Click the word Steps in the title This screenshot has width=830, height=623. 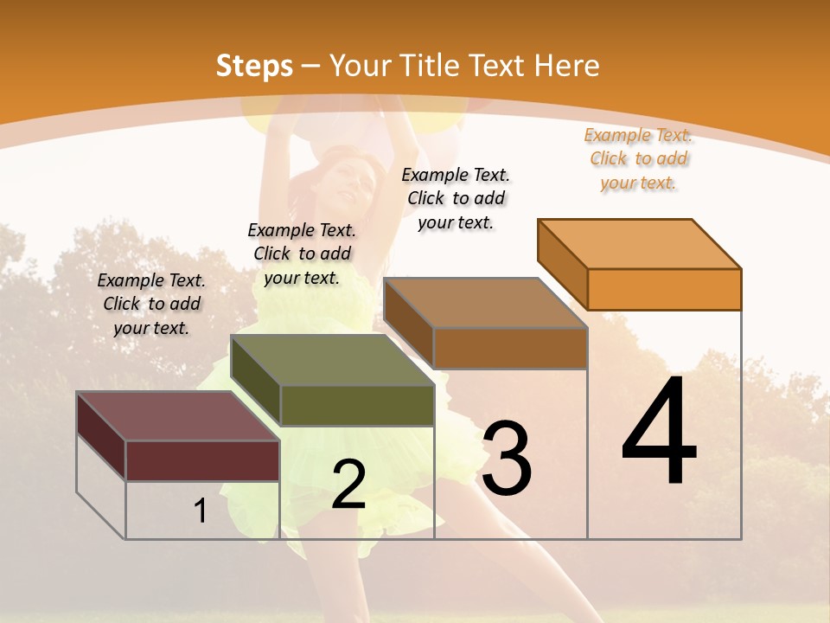254,66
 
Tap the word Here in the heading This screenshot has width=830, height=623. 566,66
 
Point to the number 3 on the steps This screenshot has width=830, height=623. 507,458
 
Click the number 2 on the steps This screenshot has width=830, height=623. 348,485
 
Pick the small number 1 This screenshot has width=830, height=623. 200,511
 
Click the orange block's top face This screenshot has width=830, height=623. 640,243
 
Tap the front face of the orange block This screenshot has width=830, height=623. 664,289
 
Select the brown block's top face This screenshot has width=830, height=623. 485,302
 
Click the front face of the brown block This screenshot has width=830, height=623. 510,348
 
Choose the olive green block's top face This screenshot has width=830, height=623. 332,360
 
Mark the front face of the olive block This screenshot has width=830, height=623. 356,405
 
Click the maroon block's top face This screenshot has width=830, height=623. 178,416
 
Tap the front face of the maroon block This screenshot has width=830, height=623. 202,460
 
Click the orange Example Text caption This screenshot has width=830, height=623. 638,159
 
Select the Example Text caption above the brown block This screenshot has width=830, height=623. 456,198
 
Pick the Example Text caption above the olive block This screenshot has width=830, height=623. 302,254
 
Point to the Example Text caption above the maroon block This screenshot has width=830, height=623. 151,304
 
